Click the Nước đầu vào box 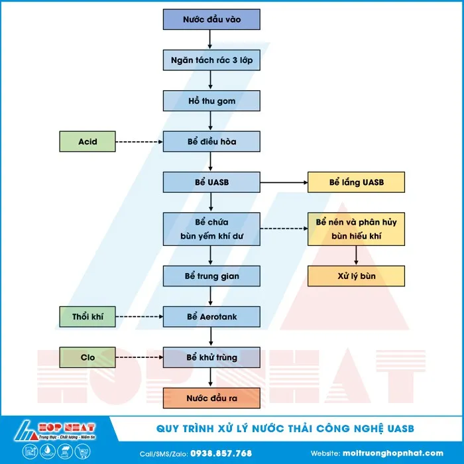(x=211, y=19)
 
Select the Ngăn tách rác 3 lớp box (x=211, y=60)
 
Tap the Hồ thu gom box (x=211, y=101)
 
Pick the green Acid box (x=87, y=141)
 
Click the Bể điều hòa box (x=211, y=141)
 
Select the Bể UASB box (x=211, y=182)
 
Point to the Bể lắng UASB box (x=356, y=182)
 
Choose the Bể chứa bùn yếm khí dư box (x=211, y=229)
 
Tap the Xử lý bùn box (x=356, y=276)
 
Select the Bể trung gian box (x=211, y=276)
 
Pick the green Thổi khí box (x=87, y=317)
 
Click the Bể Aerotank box (x=211, y=317)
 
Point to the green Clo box (x=87, y=357)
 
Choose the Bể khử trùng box (x=211, y=357)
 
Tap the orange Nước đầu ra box (x=211, y=398)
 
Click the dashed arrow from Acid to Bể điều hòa (x=139, y=141)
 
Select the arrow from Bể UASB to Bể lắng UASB (x=284, y=182)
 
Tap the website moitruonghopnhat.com (x=393, y=453)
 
